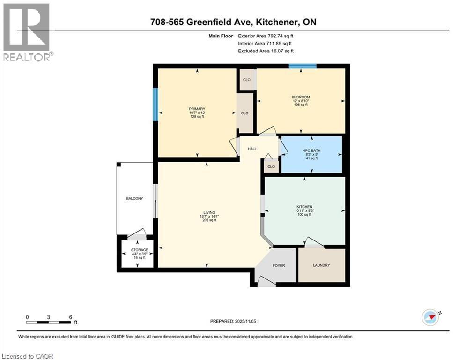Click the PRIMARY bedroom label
tap(197, 109)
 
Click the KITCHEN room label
tap(304, 207)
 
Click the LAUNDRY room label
tap(321, 265)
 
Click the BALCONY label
tap(134, 199)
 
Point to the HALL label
tap(252, 149)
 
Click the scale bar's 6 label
tap(70, 317)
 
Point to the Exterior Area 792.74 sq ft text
tap(266, 36)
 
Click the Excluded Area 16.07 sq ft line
tap(266, 51)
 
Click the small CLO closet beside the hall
tap(271, 166)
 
